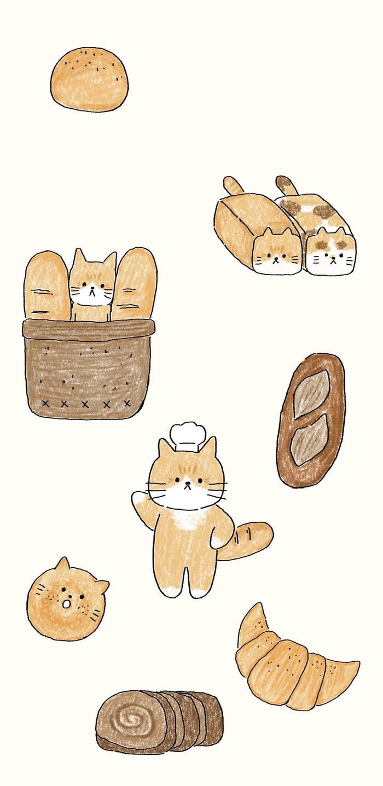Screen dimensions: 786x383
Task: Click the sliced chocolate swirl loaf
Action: (x=159, y=720)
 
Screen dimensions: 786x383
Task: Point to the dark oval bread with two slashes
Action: (x=310, y=420)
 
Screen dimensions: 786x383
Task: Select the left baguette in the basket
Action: (x=46, y=284)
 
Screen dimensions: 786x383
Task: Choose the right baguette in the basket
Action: (x=135, y=283)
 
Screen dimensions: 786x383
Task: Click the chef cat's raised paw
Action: (x=140, y=500)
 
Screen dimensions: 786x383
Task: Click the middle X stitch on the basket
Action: (x=85, y=404)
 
